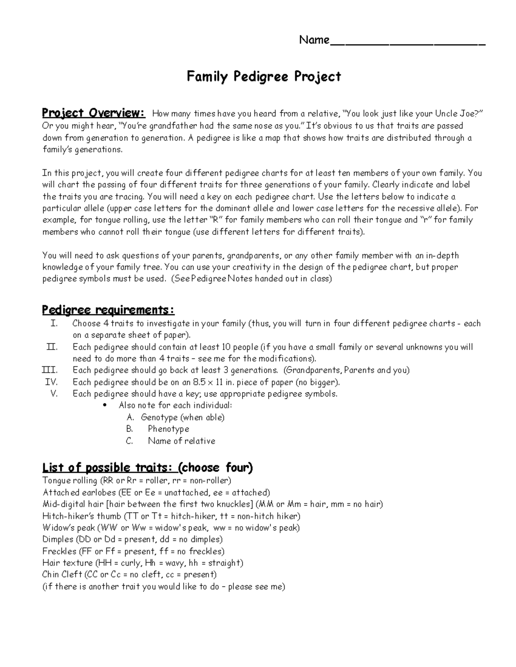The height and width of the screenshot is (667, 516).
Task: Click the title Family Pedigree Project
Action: pyautogui.click(x=264, y=77)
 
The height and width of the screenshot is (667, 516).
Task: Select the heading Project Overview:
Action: pyautogui.click(x=93, y=113)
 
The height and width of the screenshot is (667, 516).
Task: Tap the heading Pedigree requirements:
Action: pyautogui.click(x=108, y=310)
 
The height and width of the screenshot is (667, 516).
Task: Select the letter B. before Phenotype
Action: pyautogui.click(x=129, y=429)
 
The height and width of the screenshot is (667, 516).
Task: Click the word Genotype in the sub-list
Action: pyautogui.click(x=159, y=417)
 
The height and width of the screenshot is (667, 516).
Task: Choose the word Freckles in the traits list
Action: pyautogui.click(x=59, y=551)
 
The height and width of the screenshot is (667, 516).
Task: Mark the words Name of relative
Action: pyautogui.click(x=181, y=441)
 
